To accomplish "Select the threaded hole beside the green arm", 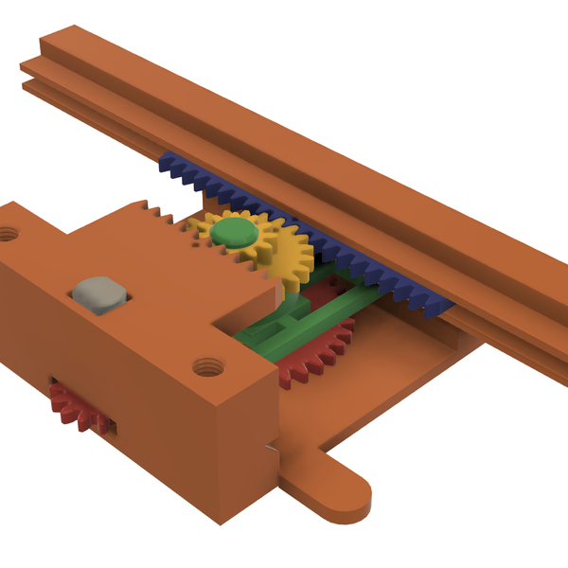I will [x=204, y=364].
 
